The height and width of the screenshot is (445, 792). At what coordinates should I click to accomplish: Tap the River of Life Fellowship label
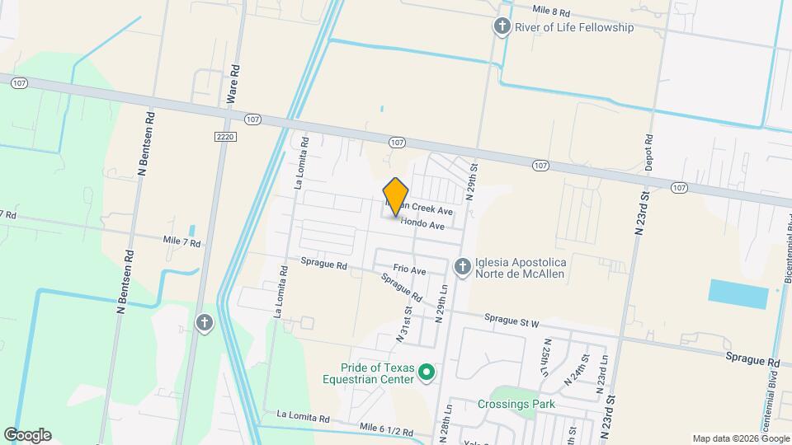click(x=574, y=27)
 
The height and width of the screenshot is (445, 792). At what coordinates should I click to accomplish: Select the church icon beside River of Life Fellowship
click(x=502, y=27)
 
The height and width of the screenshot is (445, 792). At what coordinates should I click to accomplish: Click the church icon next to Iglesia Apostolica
click(x=463, y=265)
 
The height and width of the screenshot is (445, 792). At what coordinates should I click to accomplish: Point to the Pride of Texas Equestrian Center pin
click(x=427, y=373)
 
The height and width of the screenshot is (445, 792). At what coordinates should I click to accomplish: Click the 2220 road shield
click(x=225, y=136)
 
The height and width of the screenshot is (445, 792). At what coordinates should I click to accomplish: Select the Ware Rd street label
click(x=234, y=82)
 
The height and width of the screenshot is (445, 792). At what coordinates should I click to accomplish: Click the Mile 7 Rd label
click(x=182, y=242)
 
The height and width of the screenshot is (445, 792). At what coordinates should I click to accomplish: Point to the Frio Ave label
click(x=409, y=269)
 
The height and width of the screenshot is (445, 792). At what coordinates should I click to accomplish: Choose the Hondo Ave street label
click(x=423, y=225)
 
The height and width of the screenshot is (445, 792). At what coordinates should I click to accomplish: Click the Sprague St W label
click(x=511, y=318)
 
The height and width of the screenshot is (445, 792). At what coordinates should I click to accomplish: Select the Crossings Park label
click(x=516, y=404)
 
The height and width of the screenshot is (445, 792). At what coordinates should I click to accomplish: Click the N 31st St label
click(x=404, y=323)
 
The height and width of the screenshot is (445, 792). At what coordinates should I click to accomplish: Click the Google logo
click(x=27, y=435)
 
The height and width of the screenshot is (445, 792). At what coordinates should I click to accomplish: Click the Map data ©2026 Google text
click(x=740, y=438)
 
